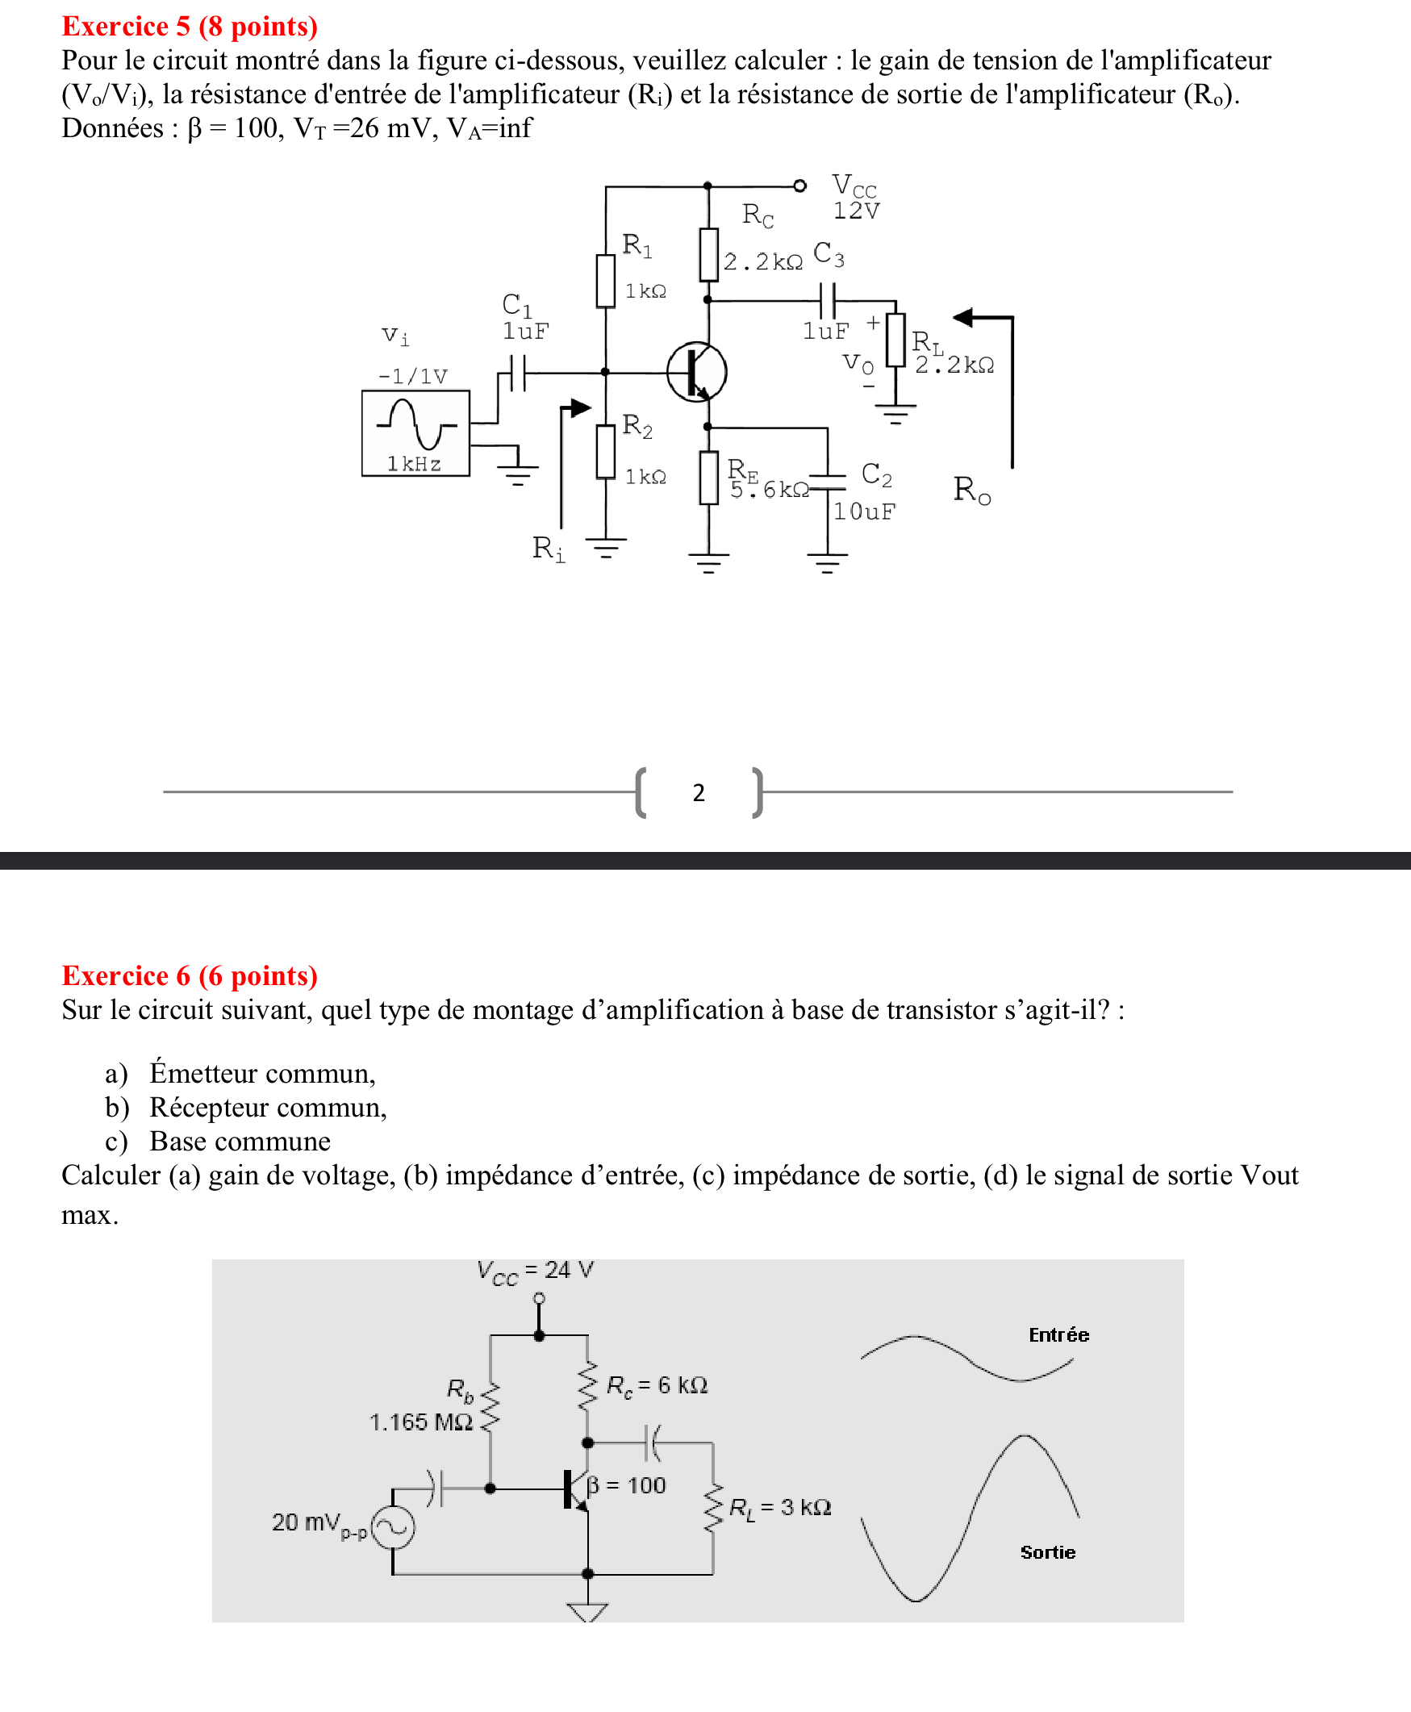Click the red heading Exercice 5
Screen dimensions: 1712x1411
pos(190,27)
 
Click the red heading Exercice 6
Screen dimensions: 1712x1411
pos(190,975)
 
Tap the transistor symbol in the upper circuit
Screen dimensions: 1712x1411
pos(696,372)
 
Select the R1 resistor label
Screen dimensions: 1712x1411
pos(637,244)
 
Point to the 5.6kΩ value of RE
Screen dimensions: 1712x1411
pos(769,490)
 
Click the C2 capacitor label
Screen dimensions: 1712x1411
pos(876,474)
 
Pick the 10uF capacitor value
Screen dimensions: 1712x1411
pos(864,512)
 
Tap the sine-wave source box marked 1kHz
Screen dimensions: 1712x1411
pos(415,433)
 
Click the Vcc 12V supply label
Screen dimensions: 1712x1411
pos(855,198)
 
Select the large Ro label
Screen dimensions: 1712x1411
pos(972,490)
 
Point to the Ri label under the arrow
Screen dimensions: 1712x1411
pos(548,549)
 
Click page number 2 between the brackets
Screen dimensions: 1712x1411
pos(698,792)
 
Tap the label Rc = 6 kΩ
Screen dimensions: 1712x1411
pos(657,1385)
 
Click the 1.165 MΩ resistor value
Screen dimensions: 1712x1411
pos(421,1422)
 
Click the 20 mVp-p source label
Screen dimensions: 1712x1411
pos(319,1522)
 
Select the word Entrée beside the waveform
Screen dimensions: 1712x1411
pos(1058,1334)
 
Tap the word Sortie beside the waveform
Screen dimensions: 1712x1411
pos(1048,1552)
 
